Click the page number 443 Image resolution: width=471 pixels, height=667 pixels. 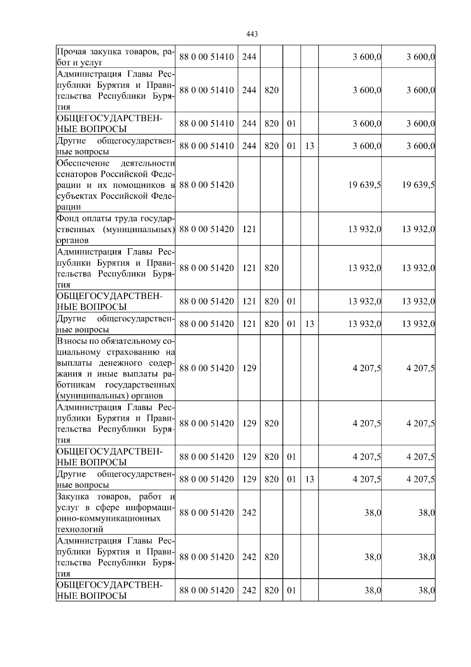252,34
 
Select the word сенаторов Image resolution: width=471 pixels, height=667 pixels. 77,174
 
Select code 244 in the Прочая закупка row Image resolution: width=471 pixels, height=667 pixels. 249,57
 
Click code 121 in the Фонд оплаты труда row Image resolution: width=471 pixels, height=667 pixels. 249,229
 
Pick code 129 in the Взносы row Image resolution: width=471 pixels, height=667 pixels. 249,368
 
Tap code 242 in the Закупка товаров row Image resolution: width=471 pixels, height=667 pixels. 249,513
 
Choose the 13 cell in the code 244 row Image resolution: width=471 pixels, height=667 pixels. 309,146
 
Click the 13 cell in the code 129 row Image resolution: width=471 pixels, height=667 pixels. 309,479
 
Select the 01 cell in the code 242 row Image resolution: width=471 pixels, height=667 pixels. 291,590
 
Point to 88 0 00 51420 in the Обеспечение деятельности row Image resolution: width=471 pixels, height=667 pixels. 206,185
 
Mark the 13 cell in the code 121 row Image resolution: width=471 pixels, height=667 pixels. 309,324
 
